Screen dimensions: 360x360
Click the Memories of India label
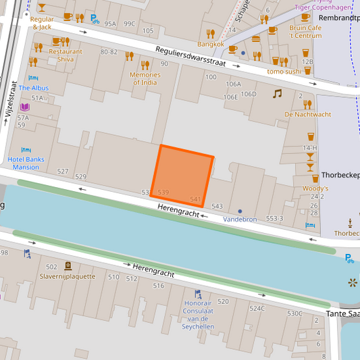point(145,78)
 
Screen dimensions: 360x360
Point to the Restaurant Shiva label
point(66,55)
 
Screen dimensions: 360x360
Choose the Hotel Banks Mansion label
point(26,163)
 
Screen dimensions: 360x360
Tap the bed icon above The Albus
point(33,77)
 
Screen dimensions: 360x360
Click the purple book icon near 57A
point(25,107)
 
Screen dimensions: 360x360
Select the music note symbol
point(277,94)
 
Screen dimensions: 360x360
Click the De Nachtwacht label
point(307,114)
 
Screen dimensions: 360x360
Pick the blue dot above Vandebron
point(240,211)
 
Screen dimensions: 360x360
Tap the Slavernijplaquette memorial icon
point(68,265)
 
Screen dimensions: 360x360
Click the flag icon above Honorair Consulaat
point(198,294)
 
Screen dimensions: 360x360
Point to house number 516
point(158,286)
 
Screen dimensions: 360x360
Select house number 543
point(217,206)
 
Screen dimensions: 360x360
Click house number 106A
point(233,84)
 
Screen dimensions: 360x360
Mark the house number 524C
point(257,309)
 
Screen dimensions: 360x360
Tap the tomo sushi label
point(284,71)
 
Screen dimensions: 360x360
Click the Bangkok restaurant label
point(211,44)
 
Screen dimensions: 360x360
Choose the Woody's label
point(315,188)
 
